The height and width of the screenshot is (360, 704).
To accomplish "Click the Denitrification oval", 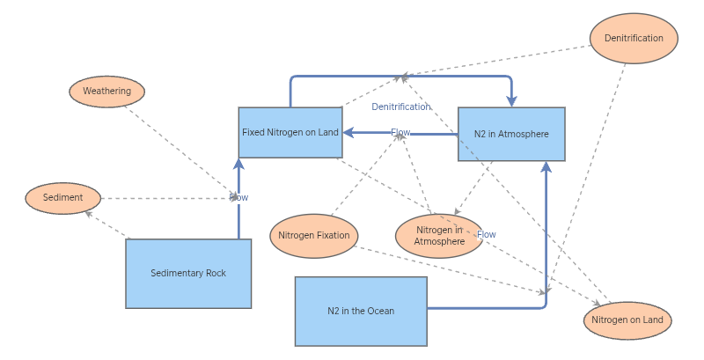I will pos(633,39).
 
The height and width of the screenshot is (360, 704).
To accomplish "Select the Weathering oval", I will pos(106,92).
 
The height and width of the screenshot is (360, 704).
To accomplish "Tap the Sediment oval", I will pos(63,198).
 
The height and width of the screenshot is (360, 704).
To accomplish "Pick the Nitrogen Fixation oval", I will pos(313,235).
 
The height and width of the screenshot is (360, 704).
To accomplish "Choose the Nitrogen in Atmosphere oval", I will pos(439,236).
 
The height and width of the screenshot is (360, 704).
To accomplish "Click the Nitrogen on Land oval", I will pos(627,320).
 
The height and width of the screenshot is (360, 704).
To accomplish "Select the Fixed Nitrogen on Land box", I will pos(290,133).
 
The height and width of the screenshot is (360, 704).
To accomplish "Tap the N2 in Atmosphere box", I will pos(511,135).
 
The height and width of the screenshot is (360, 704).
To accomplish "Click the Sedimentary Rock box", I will pos(188,273).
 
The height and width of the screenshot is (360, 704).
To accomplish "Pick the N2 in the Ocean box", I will pos(361,311).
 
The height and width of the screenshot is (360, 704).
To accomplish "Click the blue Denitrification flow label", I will pos(401,107).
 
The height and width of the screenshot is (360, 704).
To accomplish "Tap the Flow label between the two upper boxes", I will pos(400,133).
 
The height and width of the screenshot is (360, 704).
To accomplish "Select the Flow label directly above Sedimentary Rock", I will pos(238,198).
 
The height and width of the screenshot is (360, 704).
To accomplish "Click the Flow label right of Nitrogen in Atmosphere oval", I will pos(487,235).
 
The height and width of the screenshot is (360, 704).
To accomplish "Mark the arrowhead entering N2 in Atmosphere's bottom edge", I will pos(546,166).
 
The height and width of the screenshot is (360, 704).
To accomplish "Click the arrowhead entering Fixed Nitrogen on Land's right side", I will pos(348,133).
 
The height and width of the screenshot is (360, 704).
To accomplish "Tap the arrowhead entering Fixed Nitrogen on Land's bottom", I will pos(238,164).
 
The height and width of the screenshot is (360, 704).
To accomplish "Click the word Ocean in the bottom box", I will pos(380,311).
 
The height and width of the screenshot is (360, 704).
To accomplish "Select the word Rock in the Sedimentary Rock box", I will pos(216,273).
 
